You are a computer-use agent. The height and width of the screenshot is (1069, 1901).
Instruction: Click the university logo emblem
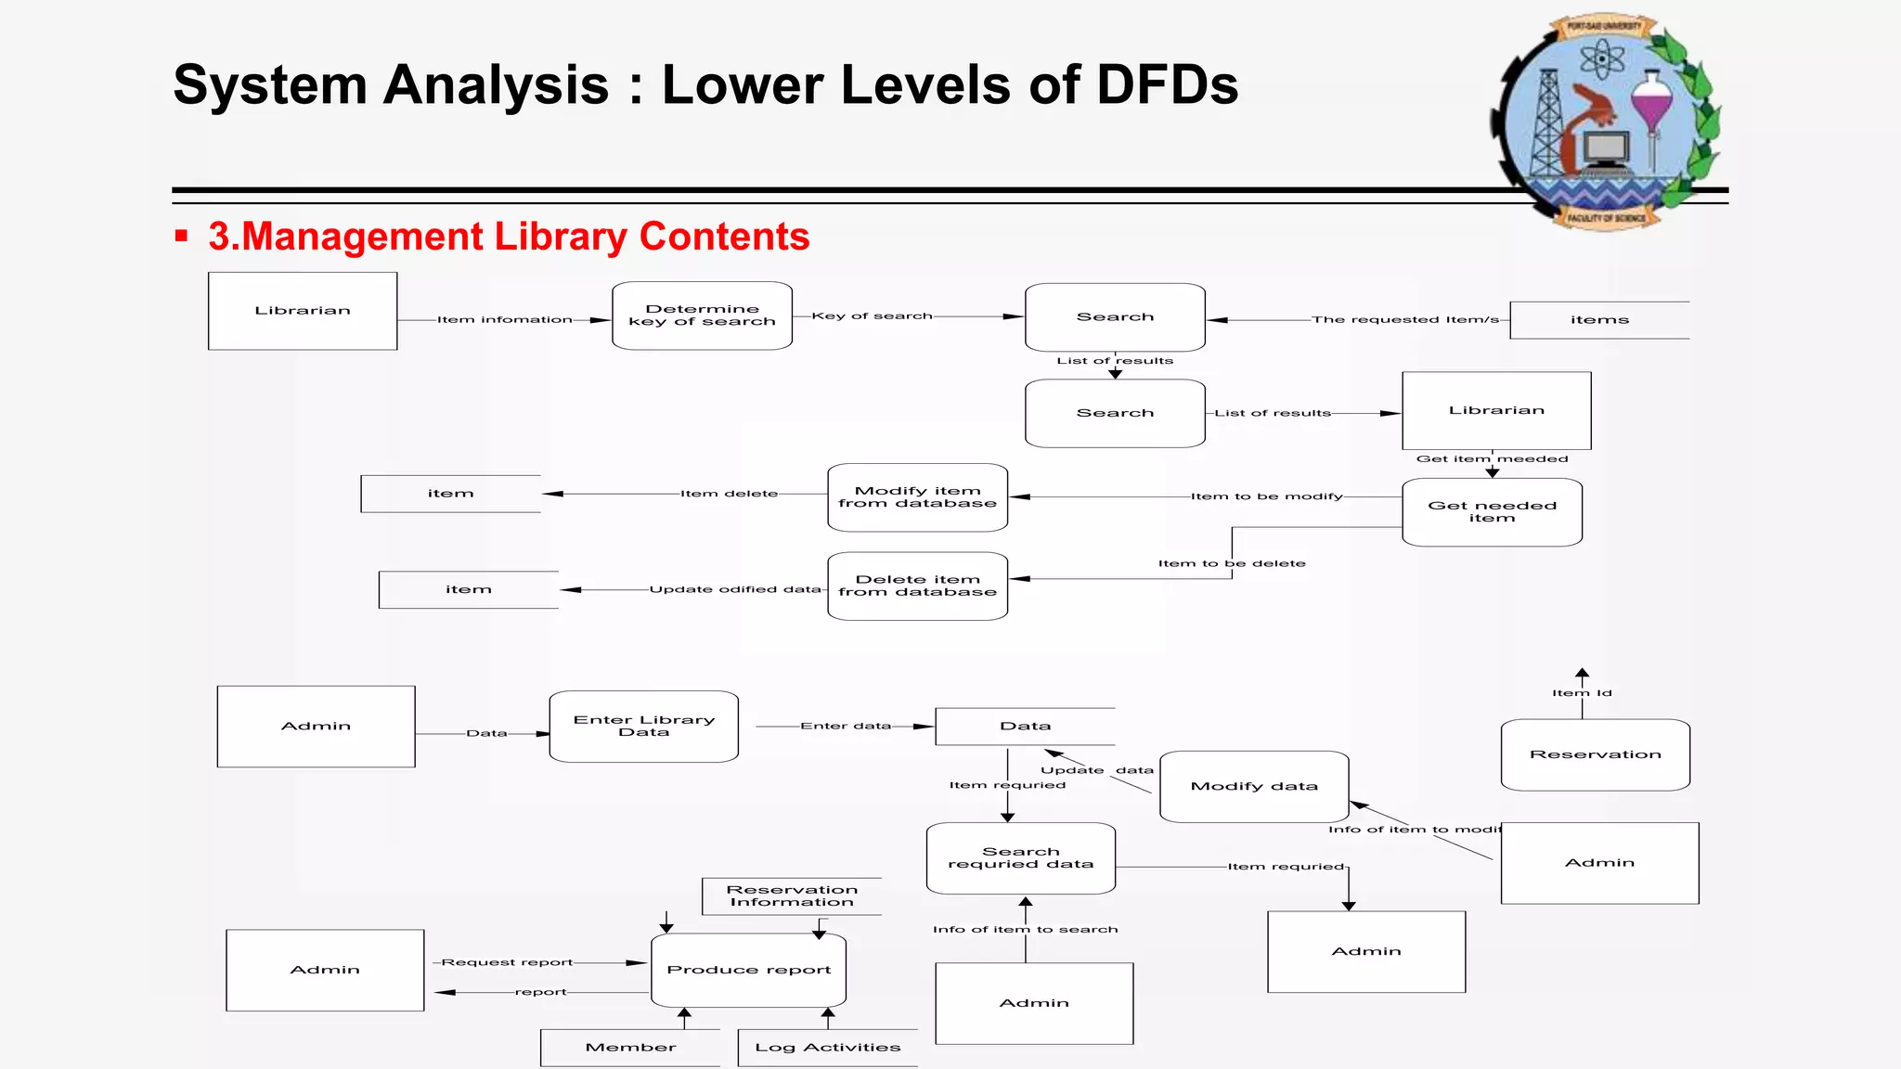(x=1607, y=122)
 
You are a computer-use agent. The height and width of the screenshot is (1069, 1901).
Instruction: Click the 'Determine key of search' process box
(x=702, y=316)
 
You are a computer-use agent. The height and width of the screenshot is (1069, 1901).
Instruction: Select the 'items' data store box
(x=1599, y=320)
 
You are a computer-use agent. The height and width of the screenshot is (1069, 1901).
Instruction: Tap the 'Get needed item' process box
(x=1492, y=512)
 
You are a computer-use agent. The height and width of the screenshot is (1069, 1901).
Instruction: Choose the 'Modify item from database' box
(x=917, y=497)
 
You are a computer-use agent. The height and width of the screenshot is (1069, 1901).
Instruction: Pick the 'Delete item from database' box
(x=917, y=586)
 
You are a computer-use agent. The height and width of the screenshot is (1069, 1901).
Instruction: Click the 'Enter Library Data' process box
(x=644, y=727)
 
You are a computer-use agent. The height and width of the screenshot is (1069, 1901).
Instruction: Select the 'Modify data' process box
(x=1254, y=787)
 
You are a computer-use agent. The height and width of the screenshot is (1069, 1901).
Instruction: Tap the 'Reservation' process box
(x=1595, y=754)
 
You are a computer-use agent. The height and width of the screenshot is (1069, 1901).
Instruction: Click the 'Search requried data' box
(x=1020, y=858)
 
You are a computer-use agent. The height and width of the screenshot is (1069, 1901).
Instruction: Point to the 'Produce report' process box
(x=748, y=970)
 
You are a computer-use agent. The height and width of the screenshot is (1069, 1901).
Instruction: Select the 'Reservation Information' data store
(x=792, y=896)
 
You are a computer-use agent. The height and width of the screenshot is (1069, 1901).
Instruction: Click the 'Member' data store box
(x=630, y=1048)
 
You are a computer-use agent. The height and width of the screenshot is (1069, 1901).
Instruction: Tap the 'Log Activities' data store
(x=827, y=1048)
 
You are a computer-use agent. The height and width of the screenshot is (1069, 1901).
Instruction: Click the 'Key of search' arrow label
(x=872, y=316)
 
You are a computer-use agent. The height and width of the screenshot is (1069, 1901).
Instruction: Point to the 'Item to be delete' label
(x=1232, y=563)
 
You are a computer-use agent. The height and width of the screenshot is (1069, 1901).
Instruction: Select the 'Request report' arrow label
(x=507, y=962)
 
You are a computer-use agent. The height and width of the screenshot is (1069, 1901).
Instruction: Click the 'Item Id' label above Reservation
(x=1582, y=693)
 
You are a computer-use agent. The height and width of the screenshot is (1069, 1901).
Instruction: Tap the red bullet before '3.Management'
(x=182, y=237)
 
